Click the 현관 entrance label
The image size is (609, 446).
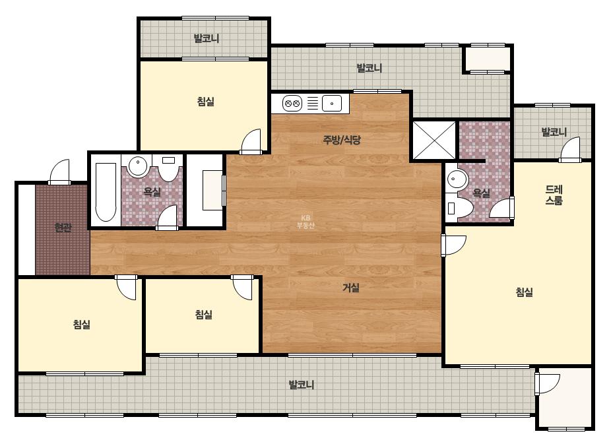(63, 227)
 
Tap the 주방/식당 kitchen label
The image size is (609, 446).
(342, 139)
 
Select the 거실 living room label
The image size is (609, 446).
(351, 288)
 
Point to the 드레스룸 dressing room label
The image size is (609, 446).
(554, 195)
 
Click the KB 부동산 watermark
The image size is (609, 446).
(305, 222)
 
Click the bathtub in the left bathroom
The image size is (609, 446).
(106, 192)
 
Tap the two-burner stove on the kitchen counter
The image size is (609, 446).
(292, 104)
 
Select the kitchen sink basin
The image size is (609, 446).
(332, 104)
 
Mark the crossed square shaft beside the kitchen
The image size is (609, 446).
(434, 141)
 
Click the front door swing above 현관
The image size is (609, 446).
(59, 172)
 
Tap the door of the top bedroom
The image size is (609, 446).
(251, 141)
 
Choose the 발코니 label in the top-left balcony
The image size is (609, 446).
(207, 38)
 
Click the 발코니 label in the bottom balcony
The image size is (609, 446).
(301, 385)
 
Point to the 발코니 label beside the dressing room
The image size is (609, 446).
(554, 132)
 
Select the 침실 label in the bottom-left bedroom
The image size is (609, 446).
(82, 325)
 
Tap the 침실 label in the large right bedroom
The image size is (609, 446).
(524, 292)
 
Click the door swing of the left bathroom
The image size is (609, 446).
(168, 217)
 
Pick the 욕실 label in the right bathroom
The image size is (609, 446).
(481, 193)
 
